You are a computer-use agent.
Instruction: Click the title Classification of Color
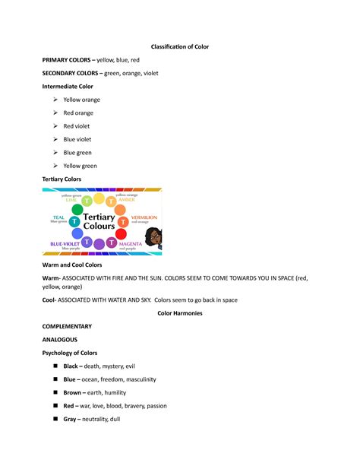click(x=180, y=46)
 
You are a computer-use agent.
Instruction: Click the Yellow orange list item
click(x=82, y=100)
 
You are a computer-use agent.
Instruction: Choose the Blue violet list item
click(x=78, y=139)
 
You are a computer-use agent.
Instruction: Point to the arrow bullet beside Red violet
click(x=54, y=126)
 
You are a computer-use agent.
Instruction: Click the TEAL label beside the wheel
click(x=58, y=217)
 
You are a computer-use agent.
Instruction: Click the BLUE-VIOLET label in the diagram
click(x=67, y=243)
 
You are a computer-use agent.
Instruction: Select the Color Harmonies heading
click(x=180, y=313)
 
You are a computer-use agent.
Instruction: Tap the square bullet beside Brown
click(x=55, y=393)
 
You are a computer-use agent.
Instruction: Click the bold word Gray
click(x=71, y=419)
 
